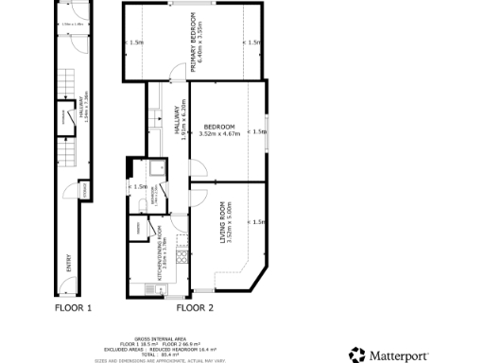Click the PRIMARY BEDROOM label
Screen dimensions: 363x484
coord(192,43)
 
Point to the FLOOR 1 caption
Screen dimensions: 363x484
coord(73,308)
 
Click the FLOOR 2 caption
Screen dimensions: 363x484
coord(196,308)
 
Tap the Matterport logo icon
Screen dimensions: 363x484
coord(356,355)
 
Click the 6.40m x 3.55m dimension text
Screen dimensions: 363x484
coord(199,43)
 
